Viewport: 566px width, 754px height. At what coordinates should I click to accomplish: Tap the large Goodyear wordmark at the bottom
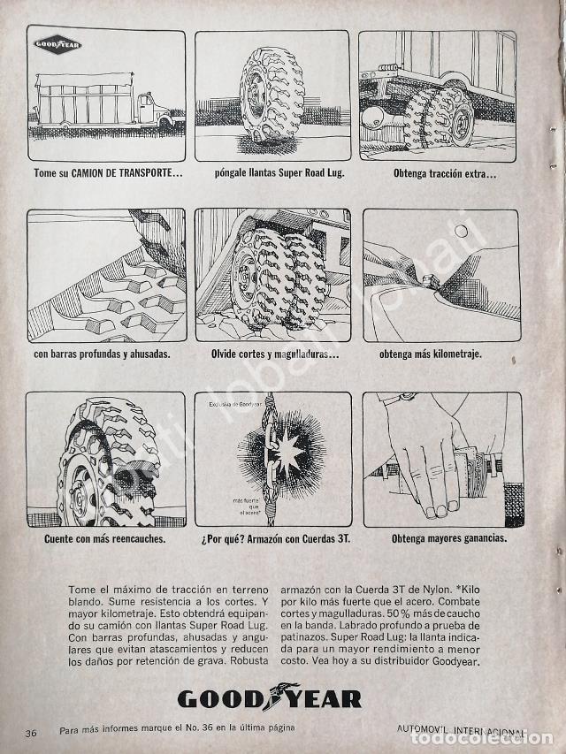pos(270,698)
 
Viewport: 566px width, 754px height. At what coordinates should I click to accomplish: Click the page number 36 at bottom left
pos(31,733)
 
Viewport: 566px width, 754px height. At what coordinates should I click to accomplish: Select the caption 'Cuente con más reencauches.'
pos(105,538)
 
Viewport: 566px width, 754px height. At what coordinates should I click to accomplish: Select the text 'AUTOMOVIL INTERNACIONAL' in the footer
pos(461,733)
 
